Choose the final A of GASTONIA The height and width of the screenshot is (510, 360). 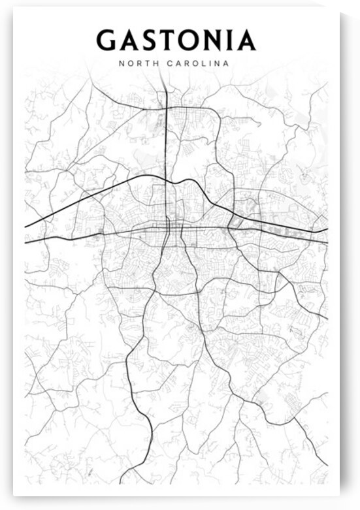click(x=245, y=40)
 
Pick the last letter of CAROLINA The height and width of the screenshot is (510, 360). click(x=226, y=64)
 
